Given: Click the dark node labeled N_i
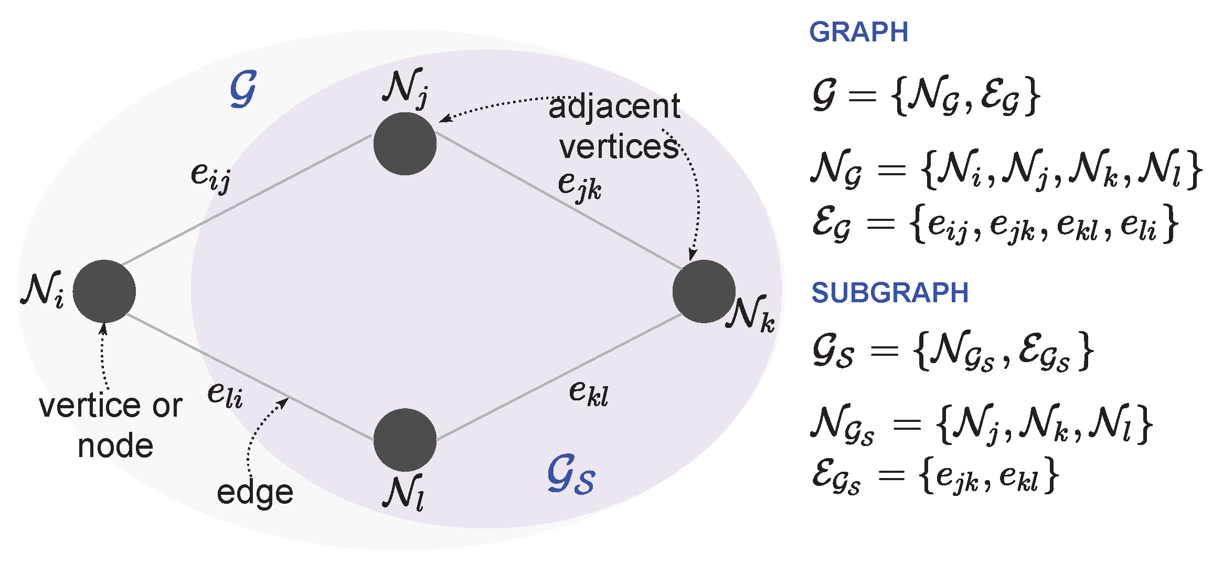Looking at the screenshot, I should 104,291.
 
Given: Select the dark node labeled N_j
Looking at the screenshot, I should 405,143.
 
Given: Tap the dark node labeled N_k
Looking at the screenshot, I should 704,291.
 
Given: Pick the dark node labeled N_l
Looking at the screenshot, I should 405,440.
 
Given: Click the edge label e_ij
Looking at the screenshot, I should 210,175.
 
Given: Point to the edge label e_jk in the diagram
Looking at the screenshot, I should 579,186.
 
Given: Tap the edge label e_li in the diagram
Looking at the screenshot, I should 225,395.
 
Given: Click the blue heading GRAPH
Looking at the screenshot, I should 858,33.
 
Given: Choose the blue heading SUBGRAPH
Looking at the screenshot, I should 890,293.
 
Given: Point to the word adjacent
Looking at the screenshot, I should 614,107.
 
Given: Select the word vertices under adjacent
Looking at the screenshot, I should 619,147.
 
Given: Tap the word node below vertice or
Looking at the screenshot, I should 115,447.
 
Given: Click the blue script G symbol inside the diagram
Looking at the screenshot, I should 243,89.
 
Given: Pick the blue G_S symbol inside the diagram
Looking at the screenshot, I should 571,475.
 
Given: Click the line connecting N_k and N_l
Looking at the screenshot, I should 559,377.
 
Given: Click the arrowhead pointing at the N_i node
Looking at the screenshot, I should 103,328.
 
